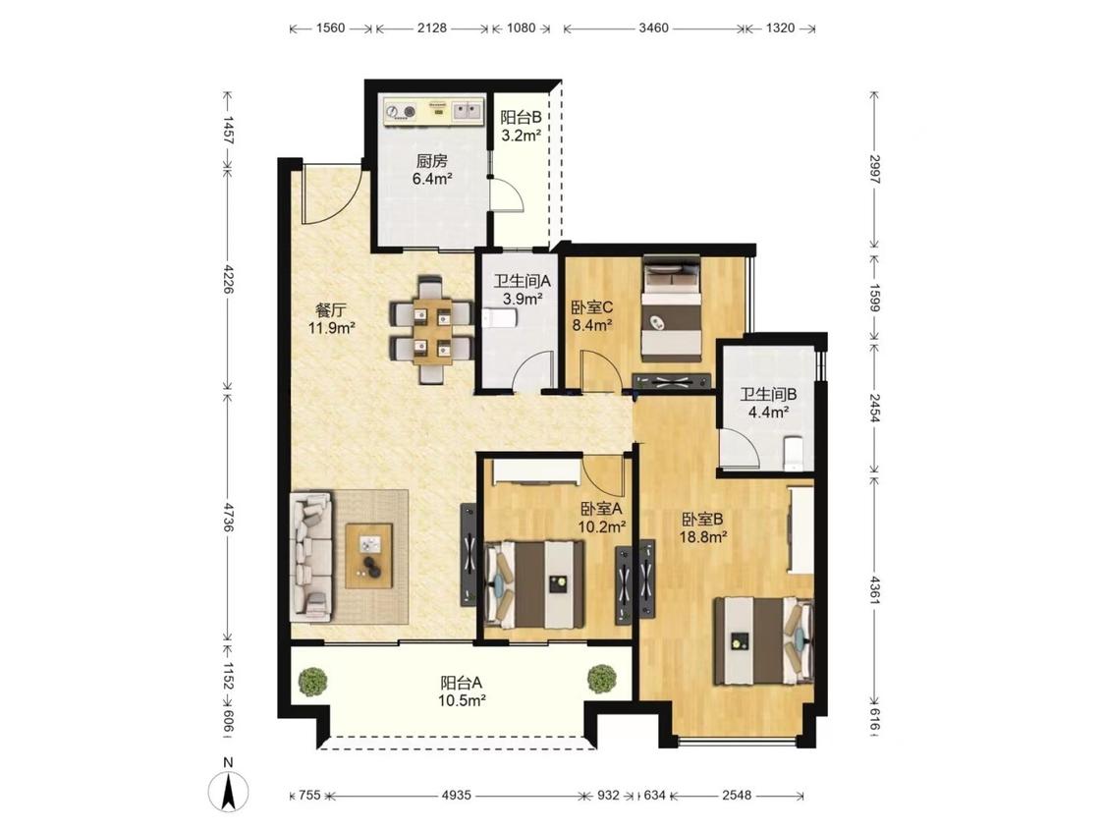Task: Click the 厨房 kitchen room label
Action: click(x=431, y=161)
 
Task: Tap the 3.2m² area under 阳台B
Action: click(x=521, y=136)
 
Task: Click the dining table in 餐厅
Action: click(x=432, y=331)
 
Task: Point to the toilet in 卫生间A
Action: click(x=500, y=319)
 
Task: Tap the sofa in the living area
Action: click(x=310, y=557)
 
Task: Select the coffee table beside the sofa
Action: click(x=368, y=556)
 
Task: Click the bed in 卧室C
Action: click(x=672, y=308)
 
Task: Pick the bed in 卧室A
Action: click(x=535, y=584)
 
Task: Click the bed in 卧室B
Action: click(x=763, y=640)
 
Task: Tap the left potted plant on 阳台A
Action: click(x=312, y=681)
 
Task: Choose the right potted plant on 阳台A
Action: click(x=602, y=678)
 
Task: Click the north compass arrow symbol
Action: click(x=229, y=792)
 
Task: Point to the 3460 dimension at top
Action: click(x=653, y=28)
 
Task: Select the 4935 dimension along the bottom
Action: click(x=456, y=796)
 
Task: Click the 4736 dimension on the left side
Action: click(x=227, y=516)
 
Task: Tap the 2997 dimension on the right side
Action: click(x=874, y=169)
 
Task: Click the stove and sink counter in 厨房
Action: click(x=433, y=111)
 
